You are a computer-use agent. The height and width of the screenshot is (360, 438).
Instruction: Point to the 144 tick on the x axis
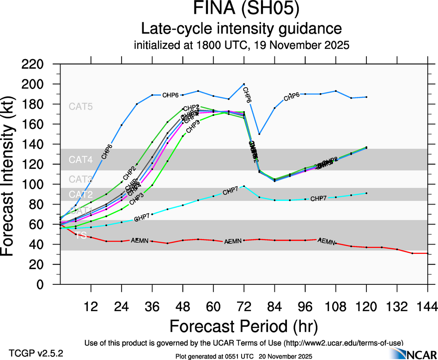427,306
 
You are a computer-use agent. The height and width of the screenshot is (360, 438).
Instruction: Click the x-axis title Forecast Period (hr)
243,326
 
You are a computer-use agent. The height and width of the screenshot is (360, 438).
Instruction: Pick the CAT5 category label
81,106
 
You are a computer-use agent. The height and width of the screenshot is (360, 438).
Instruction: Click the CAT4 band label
81,160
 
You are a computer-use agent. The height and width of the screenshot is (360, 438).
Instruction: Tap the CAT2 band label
81,194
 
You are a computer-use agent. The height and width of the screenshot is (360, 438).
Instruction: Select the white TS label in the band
81,235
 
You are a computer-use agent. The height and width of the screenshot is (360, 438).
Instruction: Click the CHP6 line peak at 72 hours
244,84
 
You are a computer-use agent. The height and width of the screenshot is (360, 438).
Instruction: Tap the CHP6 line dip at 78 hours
259,134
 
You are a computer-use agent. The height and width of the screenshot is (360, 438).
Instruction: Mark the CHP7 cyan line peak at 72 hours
244,186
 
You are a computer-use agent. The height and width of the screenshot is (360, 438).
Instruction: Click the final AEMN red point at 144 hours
427,253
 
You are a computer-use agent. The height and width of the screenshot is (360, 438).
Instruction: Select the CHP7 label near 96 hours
318,198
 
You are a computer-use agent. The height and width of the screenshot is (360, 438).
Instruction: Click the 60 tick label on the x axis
213,306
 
